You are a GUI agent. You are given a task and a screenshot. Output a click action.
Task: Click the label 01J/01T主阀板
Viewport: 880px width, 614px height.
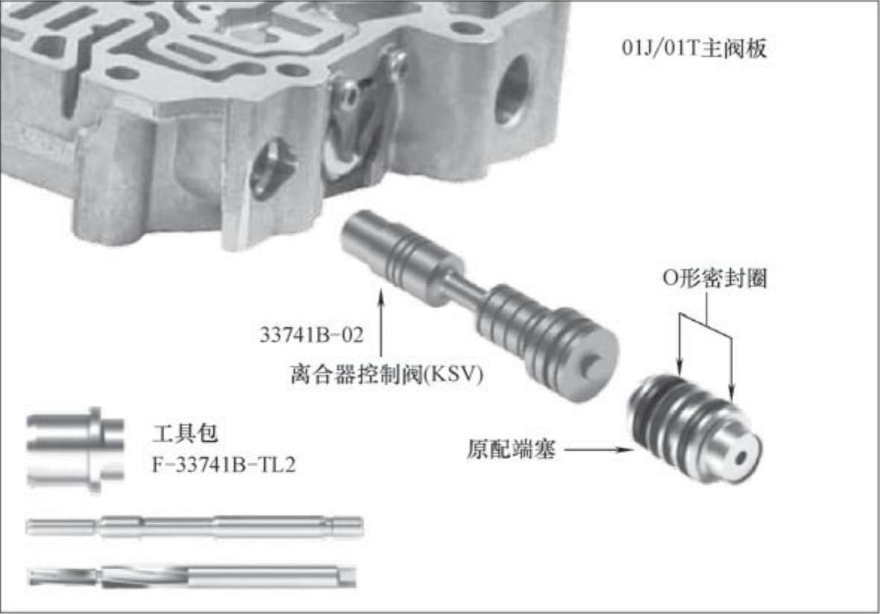point(694,48)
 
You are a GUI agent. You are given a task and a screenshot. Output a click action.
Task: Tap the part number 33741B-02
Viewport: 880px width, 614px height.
point(312,335)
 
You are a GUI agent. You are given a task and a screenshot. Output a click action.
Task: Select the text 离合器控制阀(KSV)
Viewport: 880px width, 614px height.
point(387,375)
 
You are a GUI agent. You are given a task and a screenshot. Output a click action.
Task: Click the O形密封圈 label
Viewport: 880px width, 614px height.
point(715,278)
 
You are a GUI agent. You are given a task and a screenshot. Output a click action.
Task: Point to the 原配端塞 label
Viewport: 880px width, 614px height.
point(512,450)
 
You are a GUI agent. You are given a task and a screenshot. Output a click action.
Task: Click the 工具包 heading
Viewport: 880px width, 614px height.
point(185,433)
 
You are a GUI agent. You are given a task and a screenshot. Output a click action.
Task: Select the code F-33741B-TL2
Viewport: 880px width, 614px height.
point(224,465)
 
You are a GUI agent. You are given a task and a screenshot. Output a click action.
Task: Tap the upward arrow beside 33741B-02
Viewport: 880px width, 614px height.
point(381,324)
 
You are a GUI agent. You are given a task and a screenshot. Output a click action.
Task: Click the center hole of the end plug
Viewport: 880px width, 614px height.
point(741,457)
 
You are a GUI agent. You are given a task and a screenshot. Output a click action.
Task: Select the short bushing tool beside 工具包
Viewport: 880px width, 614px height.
point(75,450)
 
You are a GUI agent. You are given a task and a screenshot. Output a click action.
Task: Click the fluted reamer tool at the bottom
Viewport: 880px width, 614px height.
point(192,577)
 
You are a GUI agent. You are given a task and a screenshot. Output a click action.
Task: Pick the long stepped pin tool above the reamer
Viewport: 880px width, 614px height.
point(195,527)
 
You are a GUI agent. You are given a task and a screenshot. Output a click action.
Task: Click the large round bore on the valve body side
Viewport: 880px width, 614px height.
point(512,90)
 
